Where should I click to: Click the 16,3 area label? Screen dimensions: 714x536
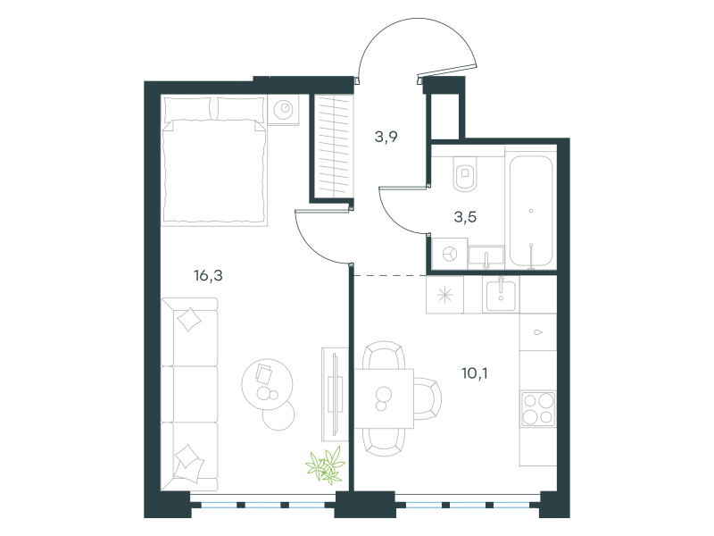tap(208, 276)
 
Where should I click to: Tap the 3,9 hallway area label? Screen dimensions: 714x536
tap(386, 137)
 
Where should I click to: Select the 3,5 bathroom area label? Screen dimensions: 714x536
tap(465, 217)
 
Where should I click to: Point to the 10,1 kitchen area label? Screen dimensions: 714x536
tap(475, 373)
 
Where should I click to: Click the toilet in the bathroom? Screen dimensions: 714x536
tap(465, 173)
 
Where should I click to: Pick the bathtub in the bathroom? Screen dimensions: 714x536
tap(531, 211)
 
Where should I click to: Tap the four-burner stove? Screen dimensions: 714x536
tap(538, 409)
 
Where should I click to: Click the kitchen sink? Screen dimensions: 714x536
tap(501, 296)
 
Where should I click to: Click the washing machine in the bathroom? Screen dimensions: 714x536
tap(450, 254)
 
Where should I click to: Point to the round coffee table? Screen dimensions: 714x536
tap(267, 384)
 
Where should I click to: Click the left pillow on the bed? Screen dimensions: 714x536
tap(187, 108)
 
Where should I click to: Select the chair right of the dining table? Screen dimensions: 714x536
tap(428, 398)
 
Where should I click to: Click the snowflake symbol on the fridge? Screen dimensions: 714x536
tap(444, 296)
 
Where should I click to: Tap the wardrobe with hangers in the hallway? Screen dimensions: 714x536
tap(333, 146)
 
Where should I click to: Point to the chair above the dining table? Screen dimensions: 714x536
tap(384, 355)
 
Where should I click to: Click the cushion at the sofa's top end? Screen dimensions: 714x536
tap(189, 320)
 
